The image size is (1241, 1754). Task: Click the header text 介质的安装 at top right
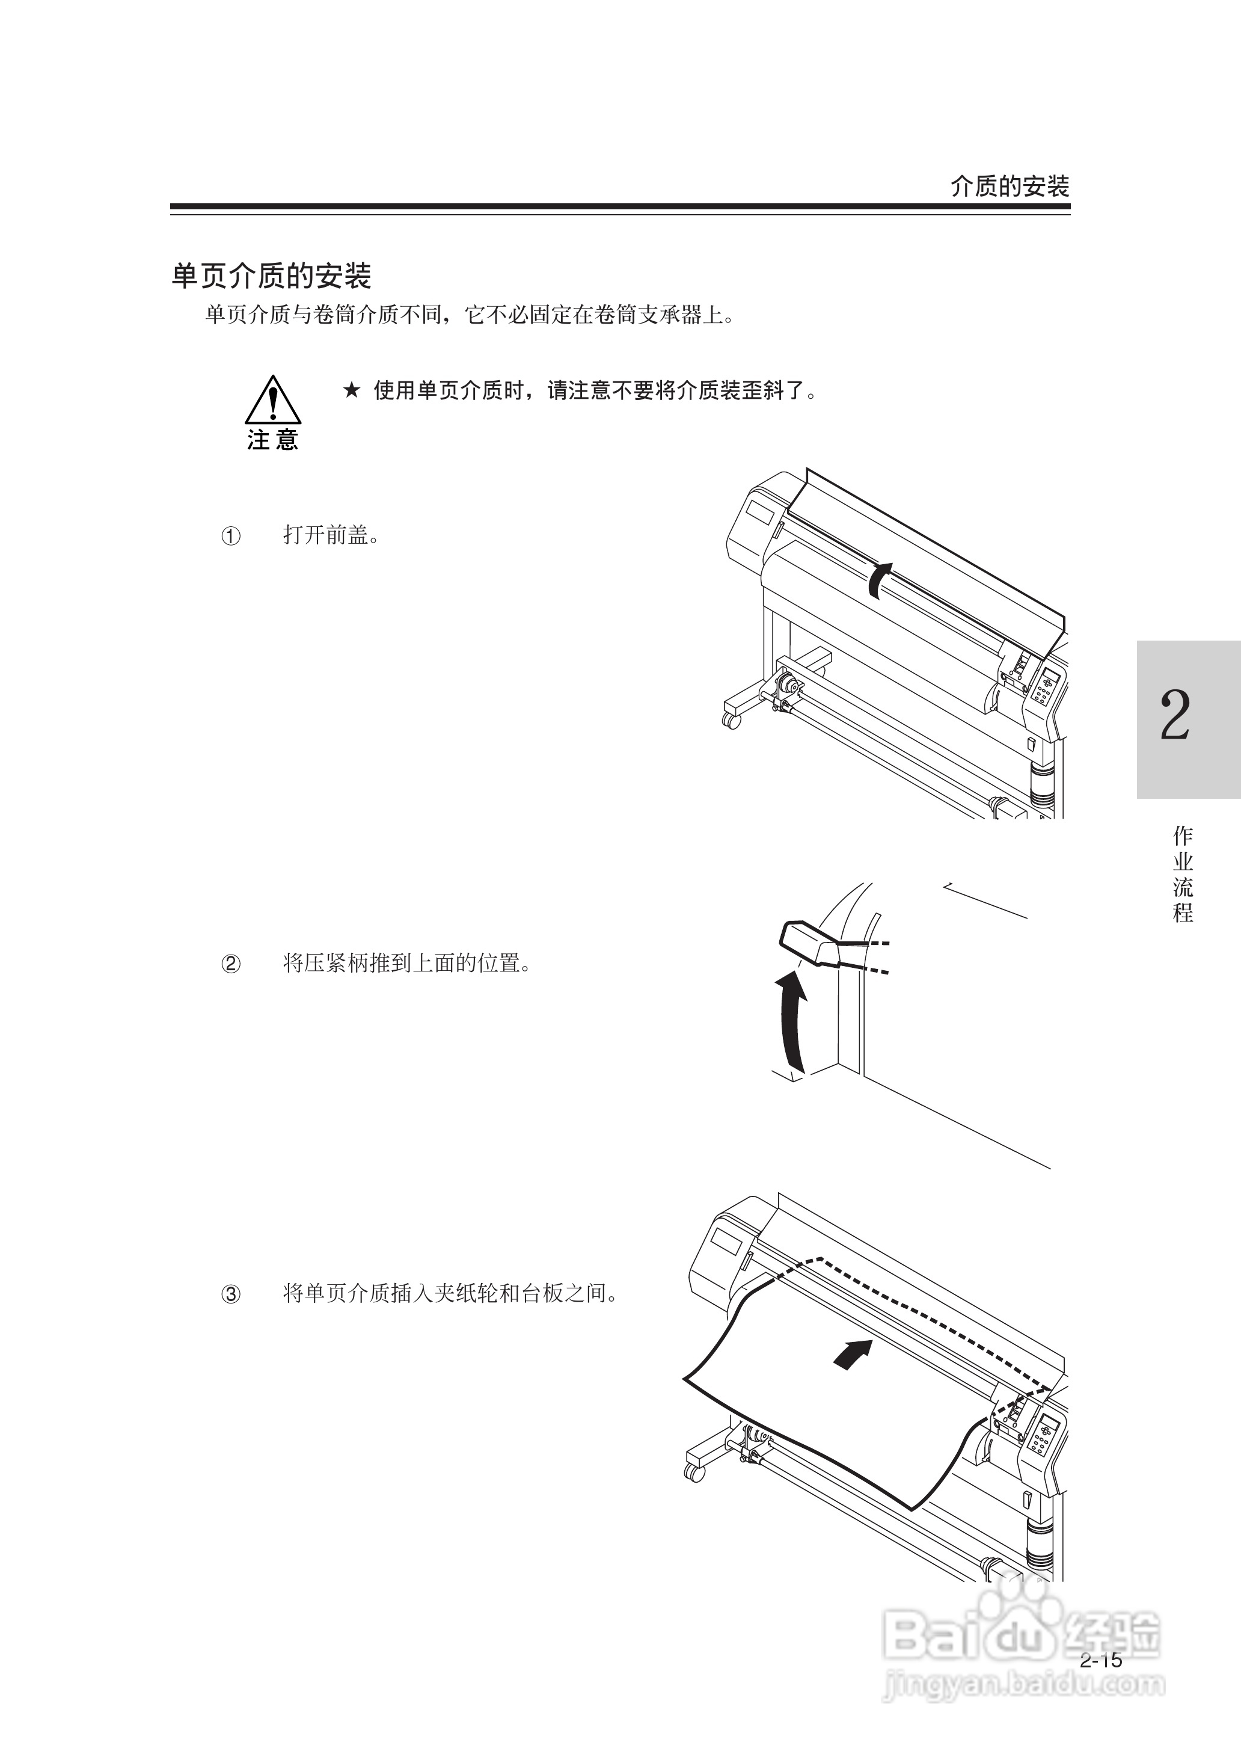coord(1009,186)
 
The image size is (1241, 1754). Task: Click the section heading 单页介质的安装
coord(271,276)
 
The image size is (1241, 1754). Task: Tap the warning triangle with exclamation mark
coord(273,400)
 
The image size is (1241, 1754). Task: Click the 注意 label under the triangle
coord(273,440)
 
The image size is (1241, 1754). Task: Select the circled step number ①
coord(231,536)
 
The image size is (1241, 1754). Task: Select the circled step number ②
coord(231,964)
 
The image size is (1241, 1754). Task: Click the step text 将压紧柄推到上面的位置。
coord(407,962)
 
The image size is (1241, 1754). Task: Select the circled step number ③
coord(231,1294)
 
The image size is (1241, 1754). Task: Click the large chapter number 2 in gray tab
coord(1175,715)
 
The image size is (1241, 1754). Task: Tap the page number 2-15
coord(1101,1660)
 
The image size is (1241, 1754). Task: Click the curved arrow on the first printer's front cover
coord(880,579)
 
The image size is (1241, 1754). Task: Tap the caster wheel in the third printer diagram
coord(694,1472)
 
